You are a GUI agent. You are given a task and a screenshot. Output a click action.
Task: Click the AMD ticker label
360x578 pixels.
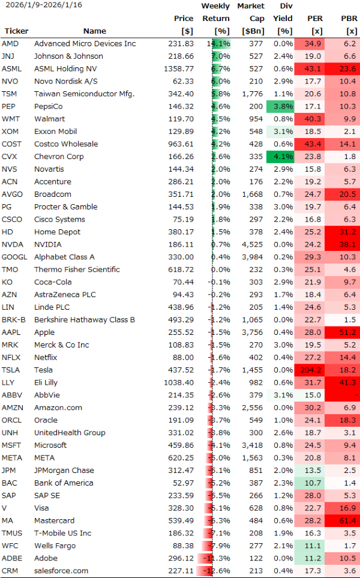point(10,44)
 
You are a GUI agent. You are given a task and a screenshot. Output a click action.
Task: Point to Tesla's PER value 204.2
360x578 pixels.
point(310,370)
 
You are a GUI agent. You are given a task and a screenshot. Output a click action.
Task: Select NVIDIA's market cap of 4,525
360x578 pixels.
point(252,244)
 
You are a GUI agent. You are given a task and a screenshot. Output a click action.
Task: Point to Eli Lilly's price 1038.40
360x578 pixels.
point(178,382)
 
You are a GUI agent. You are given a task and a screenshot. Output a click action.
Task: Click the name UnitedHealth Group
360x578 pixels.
point(70,433)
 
